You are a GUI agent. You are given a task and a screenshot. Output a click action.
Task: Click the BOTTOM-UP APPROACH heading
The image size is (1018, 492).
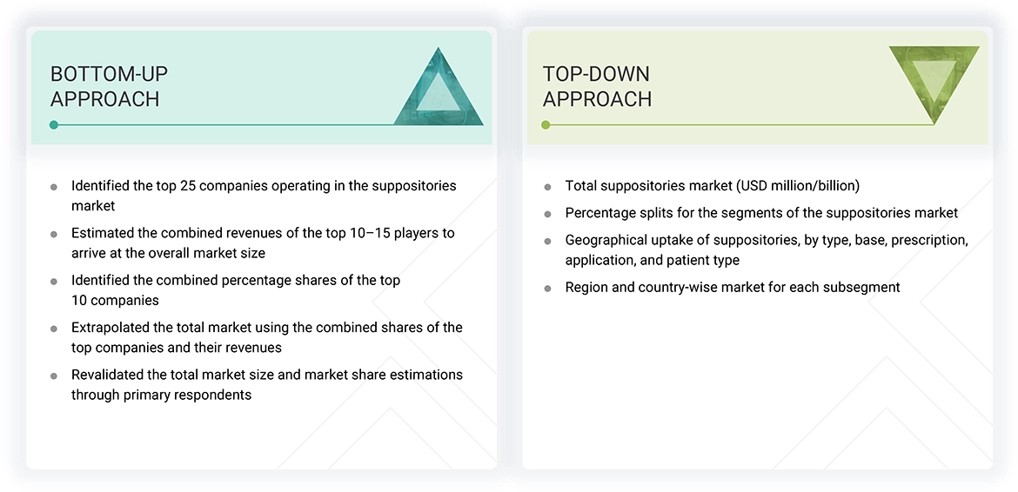(109, 86)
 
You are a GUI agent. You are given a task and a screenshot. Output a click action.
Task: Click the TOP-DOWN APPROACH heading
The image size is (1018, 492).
(597, 86)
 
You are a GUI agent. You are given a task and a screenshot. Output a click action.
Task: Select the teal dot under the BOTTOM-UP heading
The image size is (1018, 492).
(54, 125)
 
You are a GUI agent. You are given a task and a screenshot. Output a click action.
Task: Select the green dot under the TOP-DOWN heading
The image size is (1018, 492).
(546, 125)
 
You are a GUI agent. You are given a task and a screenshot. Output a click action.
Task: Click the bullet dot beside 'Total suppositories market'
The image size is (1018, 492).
(547, 187)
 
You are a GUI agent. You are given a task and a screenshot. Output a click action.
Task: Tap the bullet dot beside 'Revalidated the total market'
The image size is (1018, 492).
(54, 376)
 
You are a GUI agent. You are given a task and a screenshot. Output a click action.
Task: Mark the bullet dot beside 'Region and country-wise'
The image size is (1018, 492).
(547, 288)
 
